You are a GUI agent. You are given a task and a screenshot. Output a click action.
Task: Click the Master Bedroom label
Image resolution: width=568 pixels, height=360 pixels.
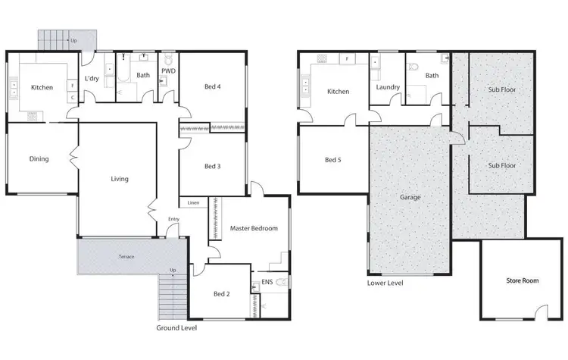pos(253,228)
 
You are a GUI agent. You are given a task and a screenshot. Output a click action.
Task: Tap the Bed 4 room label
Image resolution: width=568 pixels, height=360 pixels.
pos(213,86)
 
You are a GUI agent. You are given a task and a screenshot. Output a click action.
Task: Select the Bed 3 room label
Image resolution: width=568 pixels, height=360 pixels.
pos(213,167)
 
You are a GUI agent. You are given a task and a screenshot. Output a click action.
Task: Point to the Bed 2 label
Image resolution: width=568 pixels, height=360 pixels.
pos(220,293)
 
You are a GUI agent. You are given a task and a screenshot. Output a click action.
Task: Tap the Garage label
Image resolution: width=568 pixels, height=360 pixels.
pos(410,197)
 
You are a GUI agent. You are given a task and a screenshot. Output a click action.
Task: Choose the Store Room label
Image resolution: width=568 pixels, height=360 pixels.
pos(522,280)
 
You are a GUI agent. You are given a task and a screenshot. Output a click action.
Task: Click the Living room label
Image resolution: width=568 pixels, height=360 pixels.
pos(120,180)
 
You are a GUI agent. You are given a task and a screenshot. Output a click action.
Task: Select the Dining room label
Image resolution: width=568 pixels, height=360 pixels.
pos(39,159)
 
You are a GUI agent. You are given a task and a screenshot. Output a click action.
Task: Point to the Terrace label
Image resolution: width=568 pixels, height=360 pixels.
pos(126,257)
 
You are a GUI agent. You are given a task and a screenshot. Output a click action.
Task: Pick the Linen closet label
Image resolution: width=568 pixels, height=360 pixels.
pos(194,203)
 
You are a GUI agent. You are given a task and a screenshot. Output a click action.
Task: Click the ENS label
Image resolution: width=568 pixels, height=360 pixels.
pos(267,283)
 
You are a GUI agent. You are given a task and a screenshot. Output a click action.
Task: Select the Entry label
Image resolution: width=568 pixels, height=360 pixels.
pos(174,220)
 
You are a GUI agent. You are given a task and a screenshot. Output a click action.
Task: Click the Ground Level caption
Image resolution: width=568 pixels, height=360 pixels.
pos(176,328)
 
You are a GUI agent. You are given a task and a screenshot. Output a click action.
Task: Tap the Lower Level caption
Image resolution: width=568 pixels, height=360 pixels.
pos(385,283)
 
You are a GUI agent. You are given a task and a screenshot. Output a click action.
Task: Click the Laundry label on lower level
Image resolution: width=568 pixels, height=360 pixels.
pos(387,87)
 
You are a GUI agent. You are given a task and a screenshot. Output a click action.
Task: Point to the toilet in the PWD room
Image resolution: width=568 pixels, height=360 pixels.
pos(168,60)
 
